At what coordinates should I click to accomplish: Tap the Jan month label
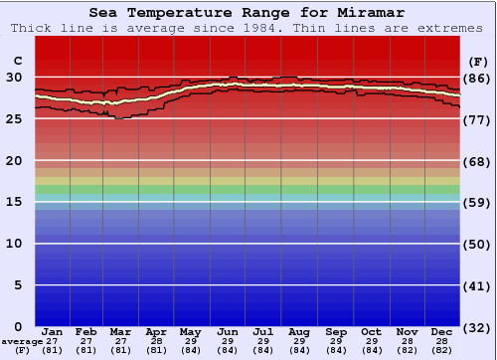(53, 331)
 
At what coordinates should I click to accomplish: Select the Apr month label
(156, 331)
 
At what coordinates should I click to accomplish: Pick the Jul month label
(263, 331)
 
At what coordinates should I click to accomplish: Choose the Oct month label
(371, 331)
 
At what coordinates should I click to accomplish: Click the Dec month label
(442, 331)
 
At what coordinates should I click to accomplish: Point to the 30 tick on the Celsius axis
(15, 78)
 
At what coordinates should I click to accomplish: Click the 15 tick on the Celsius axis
(15, 202)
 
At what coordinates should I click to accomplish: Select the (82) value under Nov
(407, 350)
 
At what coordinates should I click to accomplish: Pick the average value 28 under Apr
(156, 341)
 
